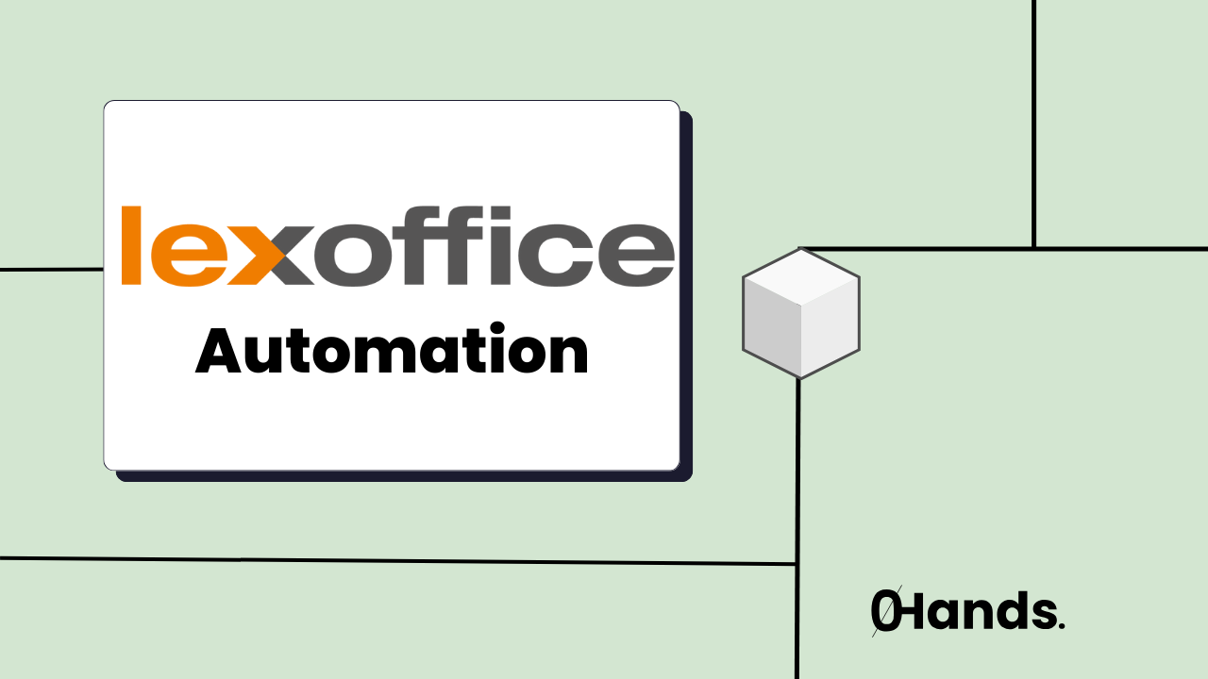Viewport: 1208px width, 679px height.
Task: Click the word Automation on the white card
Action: click(392, 352)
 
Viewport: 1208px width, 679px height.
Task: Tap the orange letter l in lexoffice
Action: click(132, 245)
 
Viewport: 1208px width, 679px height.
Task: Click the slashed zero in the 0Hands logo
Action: click(885, 613)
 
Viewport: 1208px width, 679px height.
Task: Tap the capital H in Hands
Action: click(915, 613)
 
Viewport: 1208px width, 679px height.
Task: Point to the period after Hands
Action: click(1062, 626)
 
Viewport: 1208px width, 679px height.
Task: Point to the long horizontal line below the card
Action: click(396, 561)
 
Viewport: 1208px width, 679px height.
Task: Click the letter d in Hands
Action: click(1008, 613)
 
